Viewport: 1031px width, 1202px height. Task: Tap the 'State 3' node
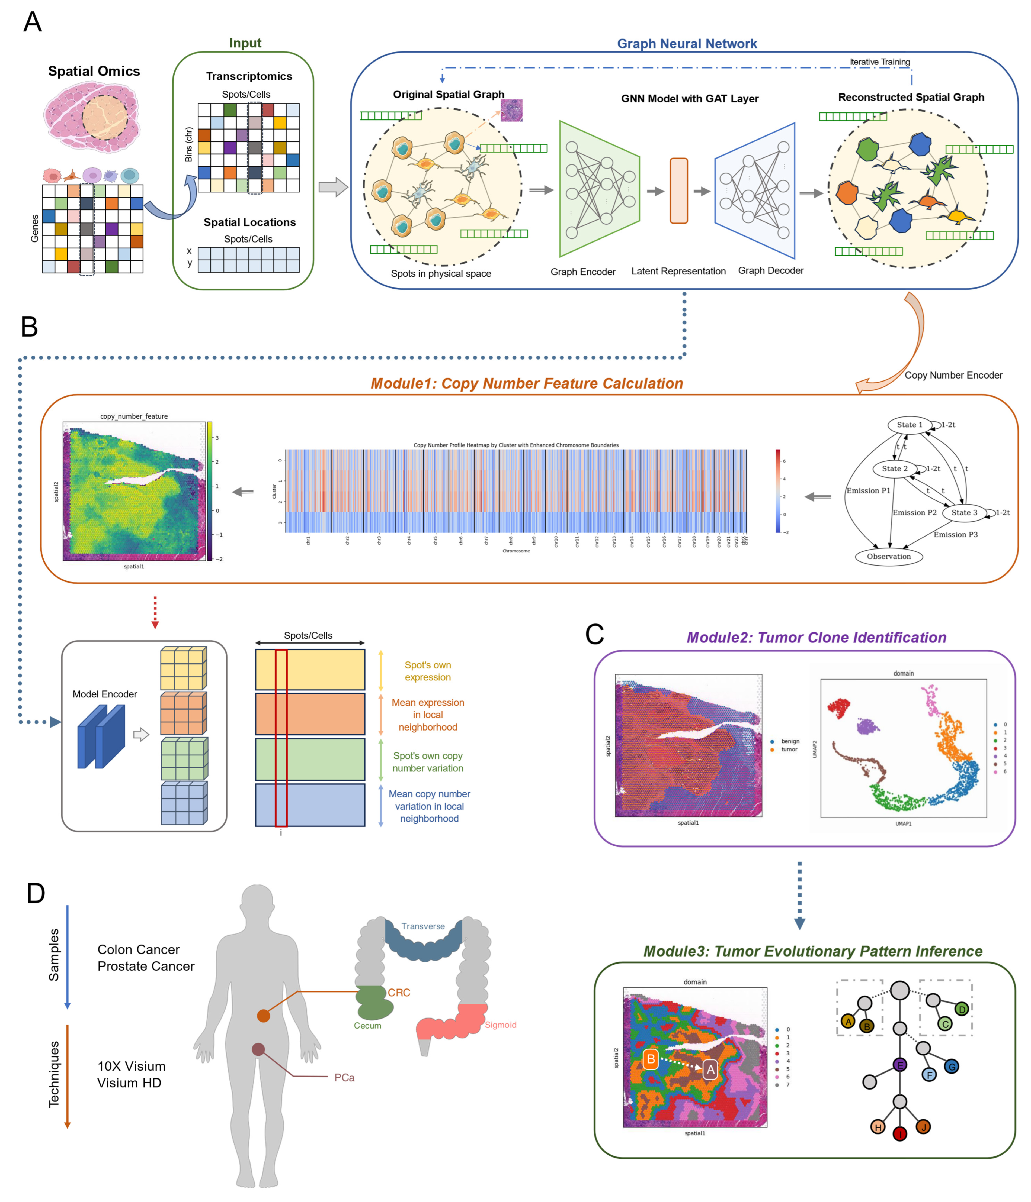coord(964,512)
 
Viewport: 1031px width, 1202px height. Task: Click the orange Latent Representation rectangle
coord(679,191)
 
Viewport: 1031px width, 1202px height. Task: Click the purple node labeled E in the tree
coord(900,1065)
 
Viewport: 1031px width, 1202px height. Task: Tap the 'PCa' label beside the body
coord(344,1077)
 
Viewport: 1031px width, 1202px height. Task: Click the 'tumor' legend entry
coord(788,749)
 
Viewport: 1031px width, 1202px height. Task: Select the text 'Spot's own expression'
coord(428,671)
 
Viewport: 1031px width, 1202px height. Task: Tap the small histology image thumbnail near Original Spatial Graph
coord(511,110)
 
